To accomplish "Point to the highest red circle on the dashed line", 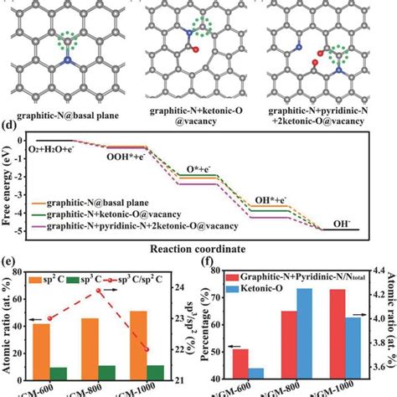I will pos(122,290).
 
